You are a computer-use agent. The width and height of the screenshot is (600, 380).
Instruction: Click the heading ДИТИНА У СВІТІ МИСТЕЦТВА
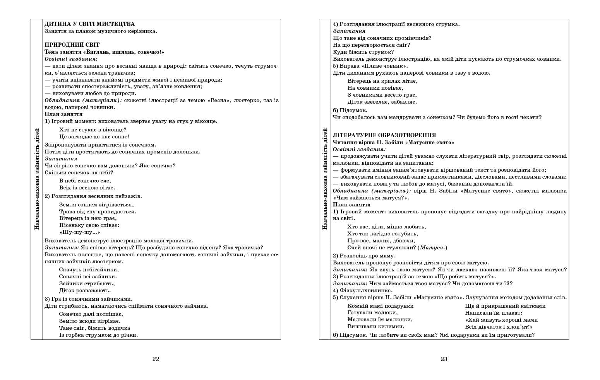(x=89, y=24)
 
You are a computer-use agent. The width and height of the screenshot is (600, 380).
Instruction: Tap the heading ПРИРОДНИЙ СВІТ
(x=72, y=45)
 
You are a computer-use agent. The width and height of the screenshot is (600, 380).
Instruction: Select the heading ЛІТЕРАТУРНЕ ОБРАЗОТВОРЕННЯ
(x=384, y=135)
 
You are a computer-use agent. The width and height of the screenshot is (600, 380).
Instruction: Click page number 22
(x=156, y=359)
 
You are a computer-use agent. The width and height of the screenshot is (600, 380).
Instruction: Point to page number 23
(x=444, y=359)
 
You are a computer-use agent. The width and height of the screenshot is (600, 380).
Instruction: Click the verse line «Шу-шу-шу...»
(x=80, y=232)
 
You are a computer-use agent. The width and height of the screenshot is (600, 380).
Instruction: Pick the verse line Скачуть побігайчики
(x=89, y=269)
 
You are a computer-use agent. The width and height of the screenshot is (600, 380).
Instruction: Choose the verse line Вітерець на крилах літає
(x=382, y=81)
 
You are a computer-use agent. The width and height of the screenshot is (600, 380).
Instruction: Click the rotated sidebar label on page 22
(x=37, y=179)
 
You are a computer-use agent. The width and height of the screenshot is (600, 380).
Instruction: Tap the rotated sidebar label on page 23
(x=325, y=179)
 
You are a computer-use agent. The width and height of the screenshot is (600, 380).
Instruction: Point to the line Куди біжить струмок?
(x=363, y=52)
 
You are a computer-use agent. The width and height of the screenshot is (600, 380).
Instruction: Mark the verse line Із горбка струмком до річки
(x=98, y=335)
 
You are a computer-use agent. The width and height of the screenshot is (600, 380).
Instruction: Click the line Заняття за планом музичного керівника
(x=101, y=31)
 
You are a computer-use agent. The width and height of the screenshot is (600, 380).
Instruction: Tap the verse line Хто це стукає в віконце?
(x=93, y=130)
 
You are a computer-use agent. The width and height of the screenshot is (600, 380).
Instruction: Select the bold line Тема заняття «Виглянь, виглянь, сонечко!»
(x=104, y=52)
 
